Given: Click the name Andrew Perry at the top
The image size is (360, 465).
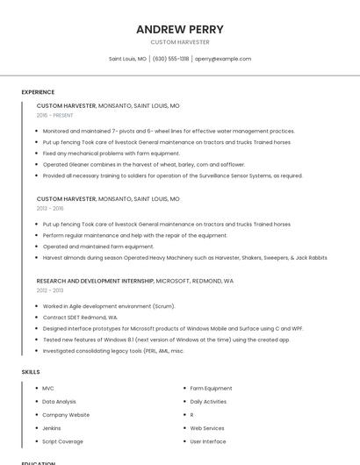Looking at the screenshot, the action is pyautogui.click(x=180, y=29).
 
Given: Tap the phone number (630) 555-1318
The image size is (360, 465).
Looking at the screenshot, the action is pyautogui.click(x=170, y=59).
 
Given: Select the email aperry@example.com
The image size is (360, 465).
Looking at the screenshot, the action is pyautogui.click(x=223, y=59).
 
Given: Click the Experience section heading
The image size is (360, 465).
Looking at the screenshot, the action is pyautogui.click(x=38, y=92).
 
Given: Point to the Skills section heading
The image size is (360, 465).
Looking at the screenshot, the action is pyautogui.click(x=30, y=372).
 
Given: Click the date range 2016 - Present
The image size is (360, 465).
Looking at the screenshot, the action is pyautogui.click(x=55, y=115).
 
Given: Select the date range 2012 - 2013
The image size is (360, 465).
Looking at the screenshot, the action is pyautogui.click(x=50, y=290).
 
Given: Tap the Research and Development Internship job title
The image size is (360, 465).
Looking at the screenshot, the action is pyautogui.click(x=95, y=281).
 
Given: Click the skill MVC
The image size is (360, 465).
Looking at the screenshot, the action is pyautogui.click(x=48, y=388).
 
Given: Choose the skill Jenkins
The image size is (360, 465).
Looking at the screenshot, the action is pyautogui.click(x=52, y=428).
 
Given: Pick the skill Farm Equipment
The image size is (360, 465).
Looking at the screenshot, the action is pyautogui.click(x=211, y=388).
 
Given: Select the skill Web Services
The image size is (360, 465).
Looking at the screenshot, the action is pyautogui.click(x=207, y=428).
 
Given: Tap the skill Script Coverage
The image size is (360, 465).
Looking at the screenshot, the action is pyautogui.click(x=62, y=441).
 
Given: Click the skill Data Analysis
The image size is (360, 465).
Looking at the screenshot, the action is pyautogui.click(x=59, y=401).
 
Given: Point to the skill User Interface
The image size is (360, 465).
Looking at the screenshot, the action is pyautogui.click(x=208, y=441).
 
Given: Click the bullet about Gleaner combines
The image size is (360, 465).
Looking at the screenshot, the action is pyautogui.click(x=143, y=164).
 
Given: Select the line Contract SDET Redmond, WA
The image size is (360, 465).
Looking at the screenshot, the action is pyautogui.click(x=80, y=317).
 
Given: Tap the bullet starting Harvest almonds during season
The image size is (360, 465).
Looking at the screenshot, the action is pyautogui.click(x=184, y=258).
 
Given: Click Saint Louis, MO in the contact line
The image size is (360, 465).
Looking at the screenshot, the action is pyautogui.click(x=127, y=59).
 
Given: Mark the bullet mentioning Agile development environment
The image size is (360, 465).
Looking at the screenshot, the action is pyautogui.click(x=109, y=306).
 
